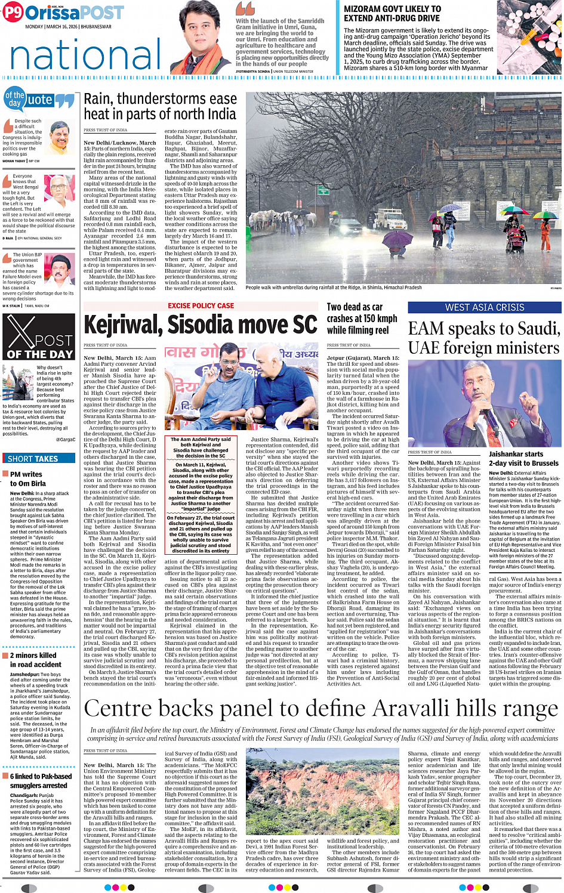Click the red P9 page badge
coord(13,13)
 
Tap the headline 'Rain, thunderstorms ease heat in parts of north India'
coord(160,107)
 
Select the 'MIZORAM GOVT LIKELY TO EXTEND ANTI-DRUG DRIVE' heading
coord(392,14)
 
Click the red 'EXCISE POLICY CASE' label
coord(201,306)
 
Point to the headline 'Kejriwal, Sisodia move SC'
coord(201,325)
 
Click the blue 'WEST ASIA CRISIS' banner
coord(484,308)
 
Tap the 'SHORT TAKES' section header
coord(33,459)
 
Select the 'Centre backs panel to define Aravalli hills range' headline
coord(320,709)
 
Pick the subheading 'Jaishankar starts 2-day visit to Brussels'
coord(523,458)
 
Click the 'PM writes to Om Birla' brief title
coord(27,478)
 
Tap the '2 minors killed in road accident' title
coord(35,660)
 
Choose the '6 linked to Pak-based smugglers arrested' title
coord(40,781)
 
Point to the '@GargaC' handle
coord(65,440)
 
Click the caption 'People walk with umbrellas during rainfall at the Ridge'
coord(333,288)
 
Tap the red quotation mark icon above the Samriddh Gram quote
coord(245,9)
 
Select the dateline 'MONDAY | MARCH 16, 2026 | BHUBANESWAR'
coord(68,27)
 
